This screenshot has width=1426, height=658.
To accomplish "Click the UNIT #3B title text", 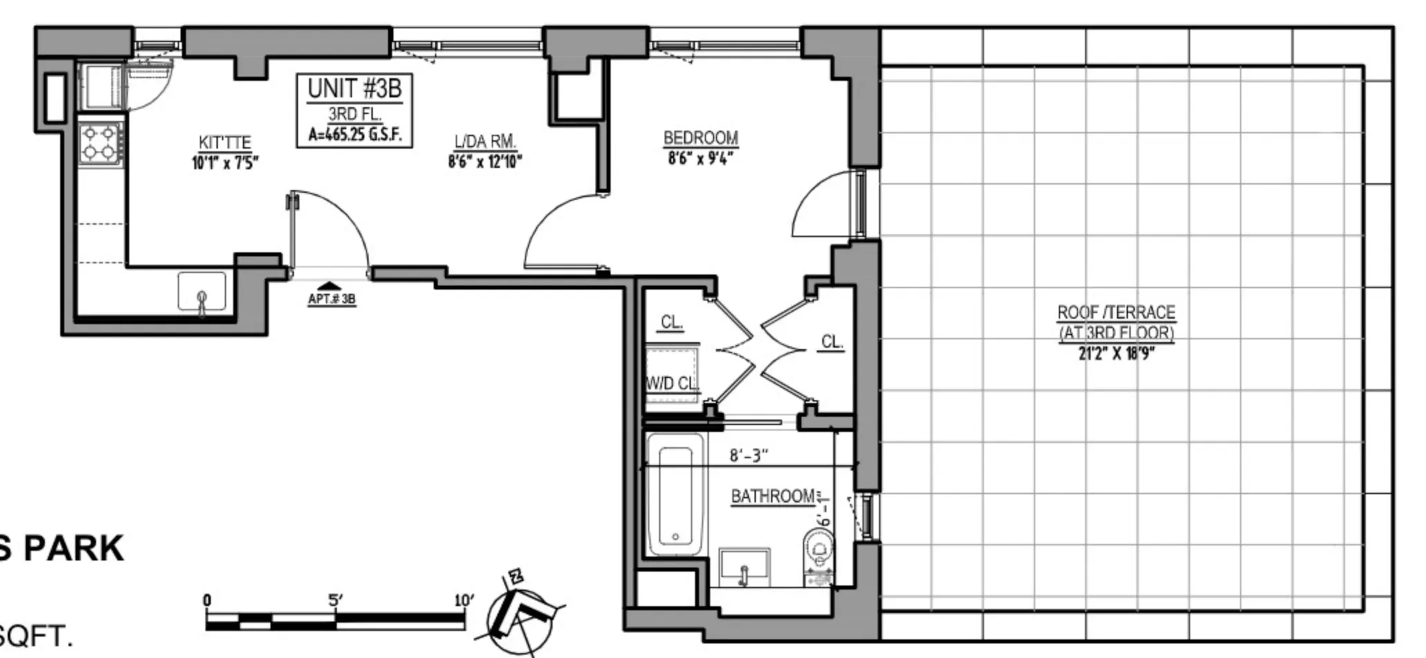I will (x=354, y=89).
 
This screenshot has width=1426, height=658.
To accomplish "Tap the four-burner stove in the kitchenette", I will (x=100, y=142).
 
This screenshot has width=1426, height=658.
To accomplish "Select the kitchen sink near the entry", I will (x=201, y=291).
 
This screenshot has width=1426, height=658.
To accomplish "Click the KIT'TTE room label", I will (x=225, y=142).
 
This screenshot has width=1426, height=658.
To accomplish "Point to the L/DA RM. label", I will (x=485, y=142).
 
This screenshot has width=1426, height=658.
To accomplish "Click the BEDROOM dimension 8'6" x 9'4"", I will (x=700, y=158).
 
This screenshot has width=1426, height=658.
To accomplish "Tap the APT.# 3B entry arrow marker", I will (x=331, y=286).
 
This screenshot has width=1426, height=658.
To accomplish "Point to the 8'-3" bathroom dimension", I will (x=749, y=455).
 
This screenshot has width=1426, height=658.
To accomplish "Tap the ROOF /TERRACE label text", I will (x=1115, y=312).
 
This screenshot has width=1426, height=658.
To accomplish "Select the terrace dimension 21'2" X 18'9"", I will (x=1116, y=354).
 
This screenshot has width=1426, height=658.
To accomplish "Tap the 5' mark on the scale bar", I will (x=335, y=600).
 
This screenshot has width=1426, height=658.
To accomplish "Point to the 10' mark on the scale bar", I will (x=463, y=600).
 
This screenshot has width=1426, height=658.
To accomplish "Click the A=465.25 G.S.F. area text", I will (x=355, y=134).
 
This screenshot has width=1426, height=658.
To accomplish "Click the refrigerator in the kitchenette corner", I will (x=101, y=86).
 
